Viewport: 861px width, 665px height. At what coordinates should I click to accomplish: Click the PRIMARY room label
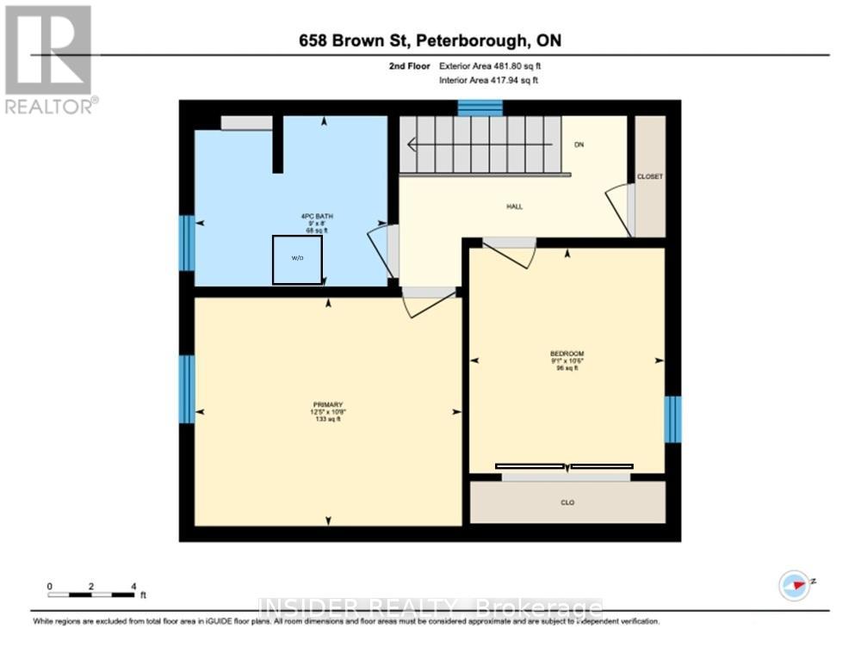tap(328, 404)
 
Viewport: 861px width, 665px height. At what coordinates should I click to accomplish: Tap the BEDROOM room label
tap(567, 354)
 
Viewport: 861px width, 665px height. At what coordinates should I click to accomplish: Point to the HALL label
tap(514, 206)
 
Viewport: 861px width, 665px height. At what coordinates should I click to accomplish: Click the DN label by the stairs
tap(579, 145)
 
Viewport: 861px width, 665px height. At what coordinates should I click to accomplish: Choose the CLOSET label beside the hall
tap(649, 176)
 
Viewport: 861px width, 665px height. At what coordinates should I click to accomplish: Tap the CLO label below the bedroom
tap(567, 502)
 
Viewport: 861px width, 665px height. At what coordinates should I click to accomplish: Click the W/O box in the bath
tap(298, 259)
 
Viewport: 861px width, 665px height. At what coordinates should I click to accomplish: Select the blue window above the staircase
tap(480, 108)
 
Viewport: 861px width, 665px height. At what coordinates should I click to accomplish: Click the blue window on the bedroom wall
tap(672, 419)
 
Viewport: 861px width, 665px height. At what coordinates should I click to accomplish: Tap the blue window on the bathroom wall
tap(187, 243)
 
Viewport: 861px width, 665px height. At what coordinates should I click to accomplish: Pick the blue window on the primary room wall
tap(187, 389)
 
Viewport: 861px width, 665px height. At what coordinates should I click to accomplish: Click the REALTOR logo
tap(49, 59)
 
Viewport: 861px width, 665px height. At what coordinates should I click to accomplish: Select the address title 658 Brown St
tap(430, 40)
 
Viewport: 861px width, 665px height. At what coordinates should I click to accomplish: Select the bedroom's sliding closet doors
tap(565, 467)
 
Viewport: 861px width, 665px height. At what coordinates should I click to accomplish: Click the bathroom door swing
tap(381, 250)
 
